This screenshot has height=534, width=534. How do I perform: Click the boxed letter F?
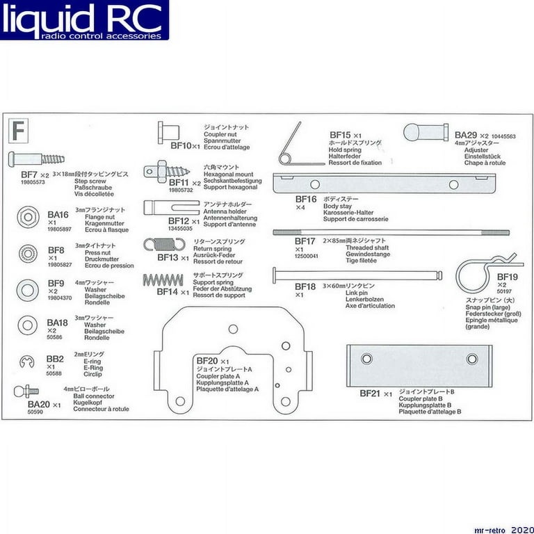tap(20, 129)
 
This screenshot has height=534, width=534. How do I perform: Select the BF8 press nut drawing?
tap(27, 251)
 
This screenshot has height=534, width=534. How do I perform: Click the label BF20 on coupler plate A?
tap(207, 361)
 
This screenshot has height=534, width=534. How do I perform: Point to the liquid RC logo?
tap(83, 20)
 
